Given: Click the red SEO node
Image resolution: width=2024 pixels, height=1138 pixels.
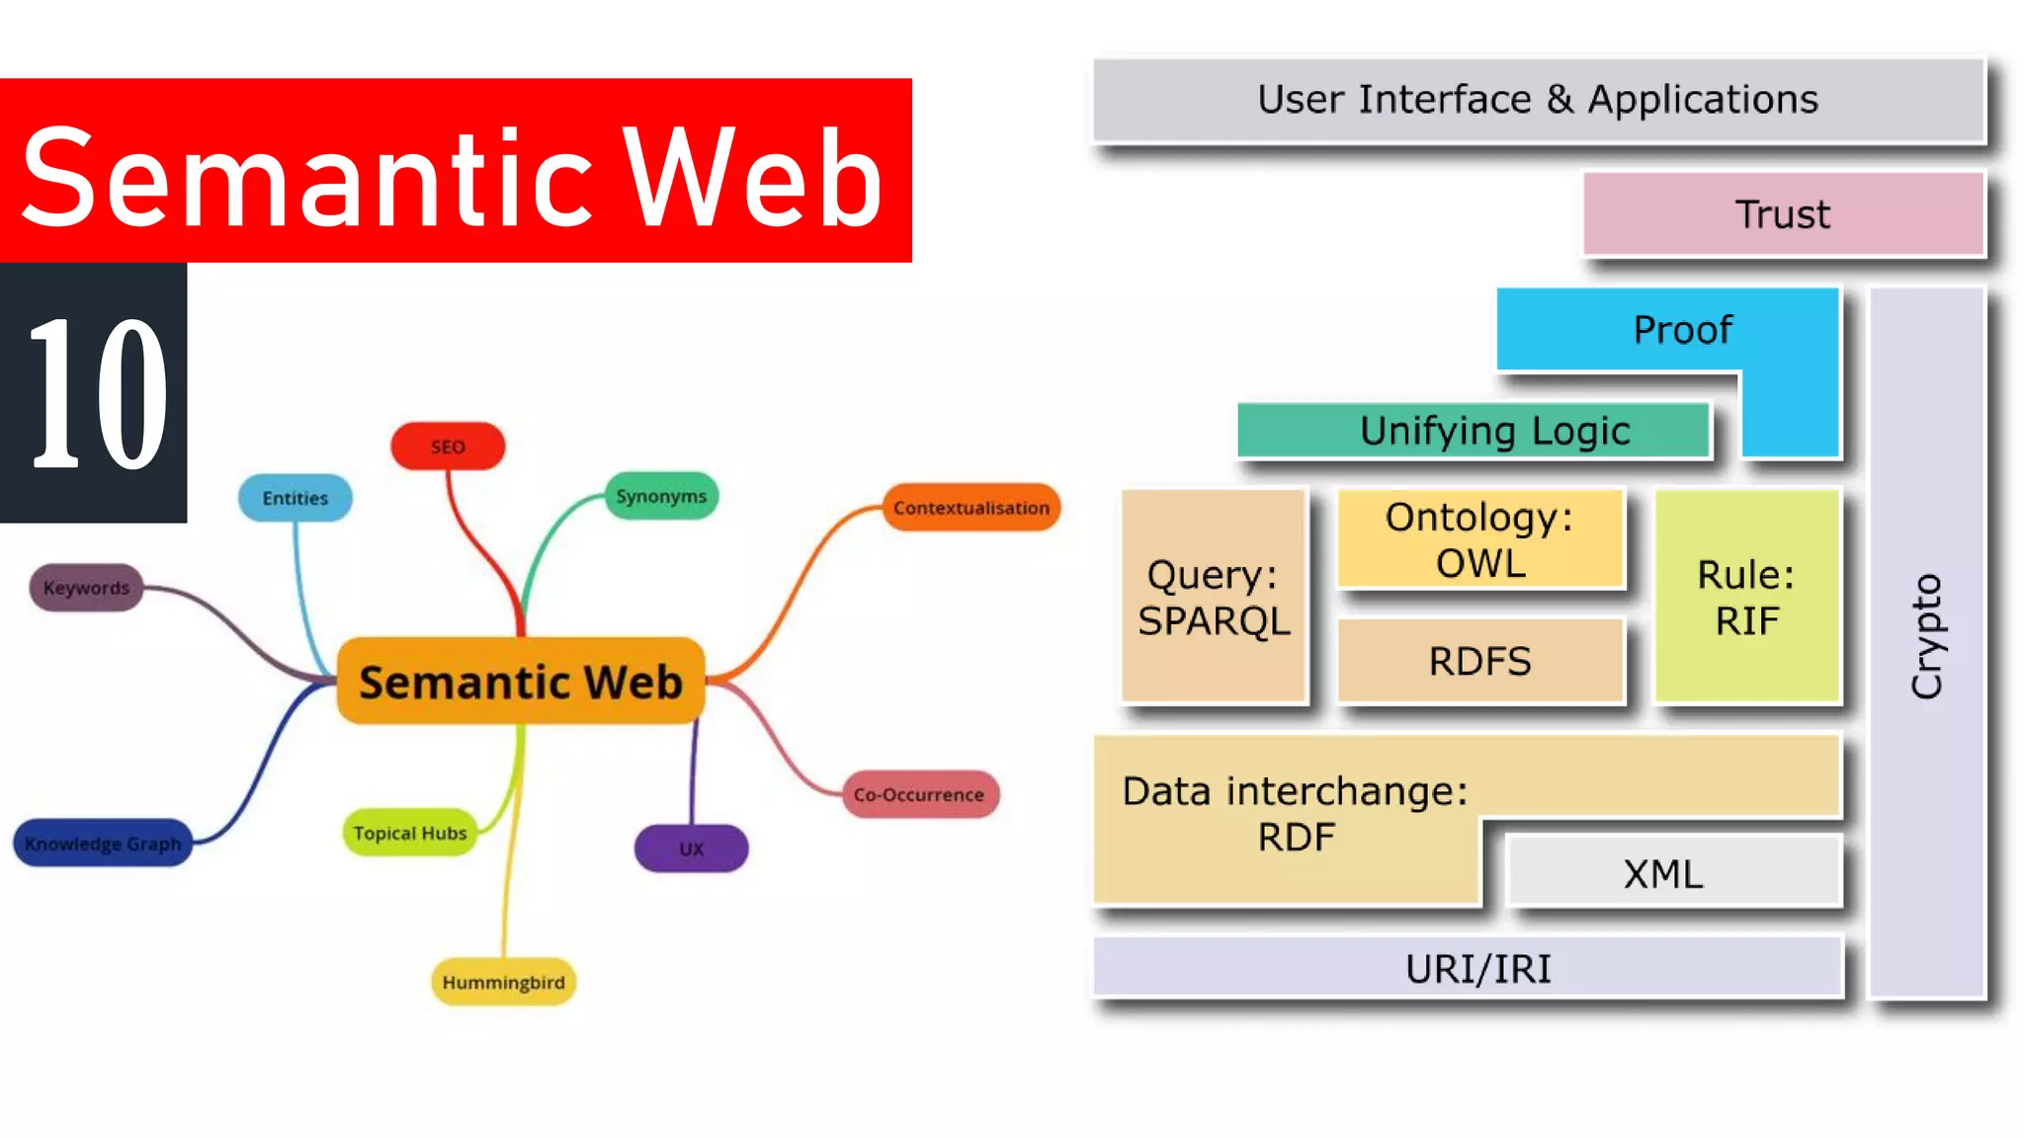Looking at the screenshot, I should [448, 447].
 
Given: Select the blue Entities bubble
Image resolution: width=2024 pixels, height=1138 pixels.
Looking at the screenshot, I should [295, 498].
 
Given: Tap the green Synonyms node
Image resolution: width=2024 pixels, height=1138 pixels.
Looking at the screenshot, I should [661, 496].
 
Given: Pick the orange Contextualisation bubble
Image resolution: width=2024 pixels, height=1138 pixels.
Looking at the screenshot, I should [970, 508].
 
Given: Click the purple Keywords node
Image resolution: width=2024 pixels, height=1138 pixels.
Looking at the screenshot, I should [86, 588].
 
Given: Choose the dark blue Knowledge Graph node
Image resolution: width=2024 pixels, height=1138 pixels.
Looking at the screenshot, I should [103, 844].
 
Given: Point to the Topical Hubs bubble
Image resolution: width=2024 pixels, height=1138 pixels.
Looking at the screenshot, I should [409, 833].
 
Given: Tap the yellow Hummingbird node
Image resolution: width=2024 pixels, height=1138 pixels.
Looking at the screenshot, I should [503, 982].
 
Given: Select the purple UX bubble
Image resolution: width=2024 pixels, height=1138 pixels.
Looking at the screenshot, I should [691, 849].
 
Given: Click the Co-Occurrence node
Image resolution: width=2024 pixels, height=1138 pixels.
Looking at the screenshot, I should [919, 794].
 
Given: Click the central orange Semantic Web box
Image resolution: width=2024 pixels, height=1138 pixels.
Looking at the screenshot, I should [520, 682].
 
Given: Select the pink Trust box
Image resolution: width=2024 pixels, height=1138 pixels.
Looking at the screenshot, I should [1783, 214].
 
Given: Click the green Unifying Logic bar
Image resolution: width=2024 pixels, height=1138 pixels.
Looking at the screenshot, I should [1473, 431].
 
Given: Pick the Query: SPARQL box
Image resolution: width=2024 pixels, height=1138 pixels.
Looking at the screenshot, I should [1214, 597].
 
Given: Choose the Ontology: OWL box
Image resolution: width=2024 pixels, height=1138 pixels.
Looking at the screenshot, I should [1479, 539].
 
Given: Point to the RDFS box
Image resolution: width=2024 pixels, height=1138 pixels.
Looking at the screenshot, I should [1479, 661].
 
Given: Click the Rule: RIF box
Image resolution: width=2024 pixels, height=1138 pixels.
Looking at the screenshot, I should [1746, 597].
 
